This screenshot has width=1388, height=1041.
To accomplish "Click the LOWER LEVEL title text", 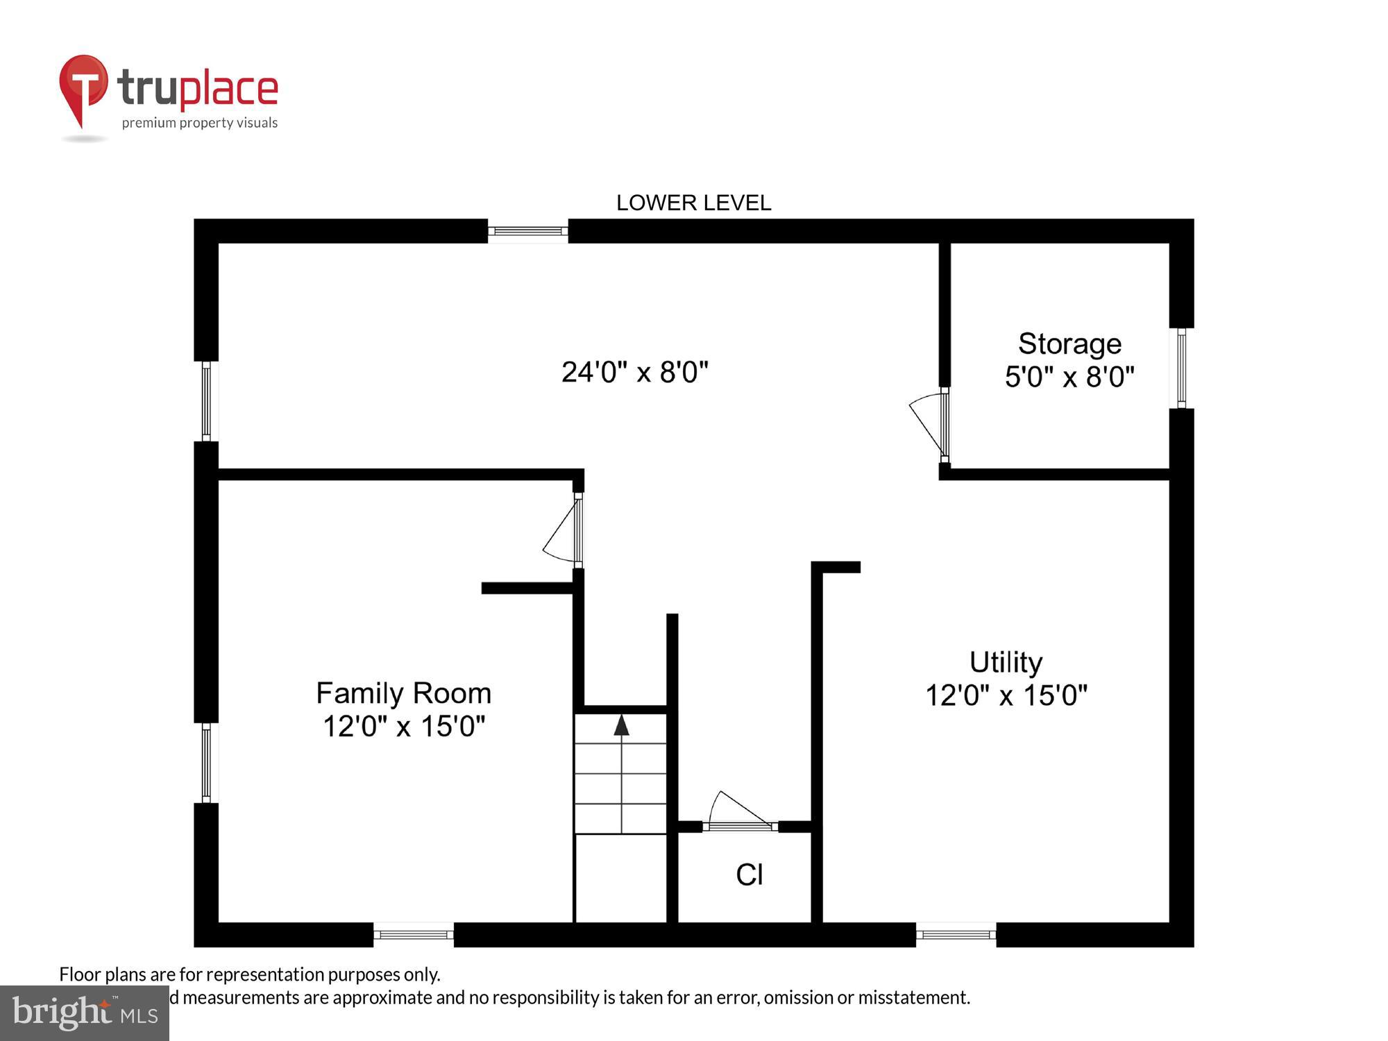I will [693, 203].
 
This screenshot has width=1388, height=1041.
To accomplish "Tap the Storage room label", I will [1069, 344].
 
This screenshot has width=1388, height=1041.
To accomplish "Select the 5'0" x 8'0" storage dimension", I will [1069, 377].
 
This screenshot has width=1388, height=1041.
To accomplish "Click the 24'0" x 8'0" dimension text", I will [634, 372].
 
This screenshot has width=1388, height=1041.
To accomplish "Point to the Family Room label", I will [403, 693].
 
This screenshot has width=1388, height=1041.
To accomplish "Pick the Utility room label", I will [1006, 662].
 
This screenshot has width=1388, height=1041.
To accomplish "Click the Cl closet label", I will [750, 874].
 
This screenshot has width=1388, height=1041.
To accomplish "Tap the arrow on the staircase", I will [621, 725].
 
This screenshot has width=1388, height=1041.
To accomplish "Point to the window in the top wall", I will [527, 231].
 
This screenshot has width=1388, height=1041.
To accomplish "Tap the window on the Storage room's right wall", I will [1181, 368].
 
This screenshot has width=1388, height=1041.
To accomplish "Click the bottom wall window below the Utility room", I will [956, 935].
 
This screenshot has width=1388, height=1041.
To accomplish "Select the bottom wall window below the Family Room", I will [414, 935].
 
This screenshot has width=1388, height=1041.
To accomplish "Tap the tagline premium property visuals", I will [200, 123].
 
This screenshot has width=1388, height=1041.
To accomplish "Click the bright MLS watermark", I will [85, 1013].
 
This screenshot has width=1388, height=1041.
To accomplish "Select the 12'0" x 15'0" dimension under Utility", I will [1006, 695].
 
